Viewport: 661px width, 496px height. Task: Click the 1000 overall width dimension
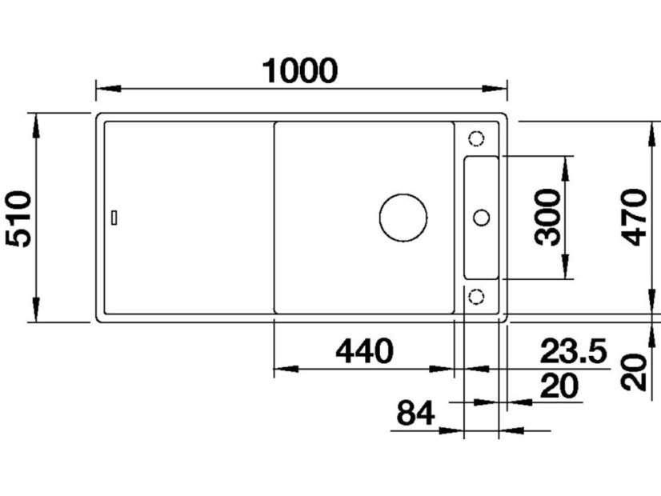pyautogui.click(x=300, y=70)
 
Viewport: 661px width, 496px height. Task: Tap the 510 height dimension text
pyautogui.click(x=18, y=218)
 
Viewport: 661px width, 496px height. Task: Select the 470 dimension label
pyautogui.click(x=635, y=218)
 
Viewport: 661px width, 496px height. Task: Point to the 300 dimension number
pyautogui.click(x=547, y=217)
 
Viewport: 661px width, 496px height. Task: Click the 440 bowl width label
pyautogui.click(x=364, y=351)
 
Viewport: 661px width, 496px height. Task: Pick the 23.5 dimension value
pyautogui.click(x=574, y=350)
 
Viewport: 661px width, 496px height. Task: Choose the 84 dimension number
pyautogui.click(x=415, y=413)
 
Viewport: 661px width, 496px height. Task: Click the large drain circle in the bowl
pyautogui.click(x=403, y=218)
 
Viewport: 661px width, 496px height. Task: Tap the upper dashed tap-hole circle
pyautogui.click(x=476, y=138)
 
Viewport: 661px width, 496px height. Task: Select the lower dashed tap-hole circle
pyautogui.click(x=476, y=296)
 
